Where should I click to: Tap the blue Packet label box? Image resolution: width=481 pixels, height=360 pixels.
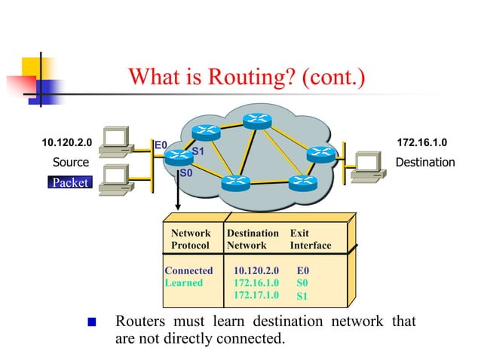(69, 182)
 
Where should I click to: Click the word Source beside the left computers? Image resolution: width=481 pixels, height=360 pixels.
(70, 162)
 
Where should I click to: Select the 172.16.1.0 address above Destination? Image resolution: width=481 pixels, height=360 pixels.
(421, 142)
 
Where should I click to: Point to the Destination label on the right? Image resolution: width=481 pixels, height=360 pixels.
(425, 162)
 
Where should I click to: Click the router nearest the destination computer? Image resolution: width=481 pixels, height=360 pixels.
(321, 154)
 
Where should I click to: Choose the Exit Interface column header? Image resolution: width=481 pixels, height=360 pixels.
(310, 239)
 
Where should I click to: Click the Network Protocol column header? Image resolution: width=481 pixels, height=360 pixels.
(191, 239)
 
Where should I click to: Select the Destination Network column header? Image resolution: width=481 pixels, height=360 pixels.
(252, 239)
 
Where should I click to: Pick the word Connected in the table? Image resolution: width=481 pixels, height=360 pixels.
(188, 270)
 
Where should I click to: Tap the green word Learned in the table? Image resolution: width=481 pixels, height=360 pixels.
(184, 282)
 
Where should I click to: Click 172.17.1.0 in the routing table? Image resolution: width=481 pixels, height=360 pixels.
(256, 295)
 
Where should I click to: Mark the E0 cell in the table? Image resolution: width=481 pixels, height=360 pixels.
(303, 270)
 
